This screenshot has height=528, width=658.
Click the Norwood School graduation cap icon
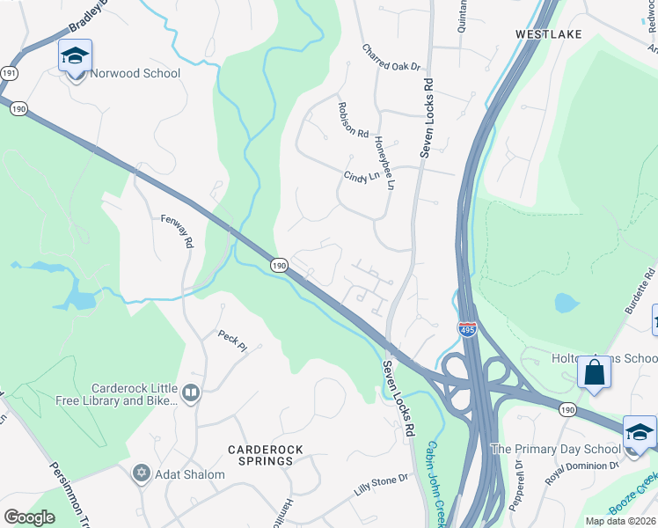[76, 56]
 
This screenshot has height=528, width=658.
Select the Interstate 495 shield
[467, 329]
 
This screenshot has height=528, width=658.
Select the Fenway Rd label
[177, 232]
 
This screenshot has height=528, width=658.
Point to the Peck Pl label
[233, 341]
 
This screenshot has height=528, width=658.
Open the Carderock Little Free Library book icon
[191, 392]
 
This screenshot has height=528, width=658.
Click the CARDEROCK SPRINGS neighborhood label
[266, 455]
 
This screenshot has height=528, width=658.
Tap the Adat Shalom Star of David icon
[140, 474]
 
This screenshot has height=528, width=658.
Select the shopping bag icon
[594, 372]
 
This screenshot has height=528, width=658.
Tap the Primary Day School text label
[555, 449]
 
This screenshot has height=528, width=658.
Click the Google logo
[29, 517]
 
